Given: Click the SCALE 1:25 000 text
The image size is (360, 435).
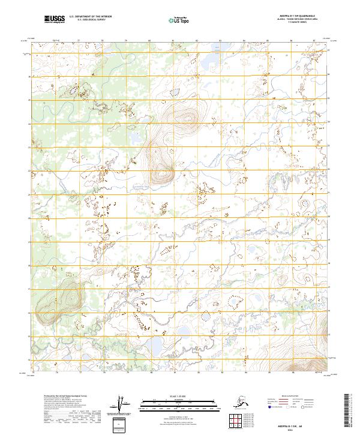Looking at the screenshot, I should tap(179, 395).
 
